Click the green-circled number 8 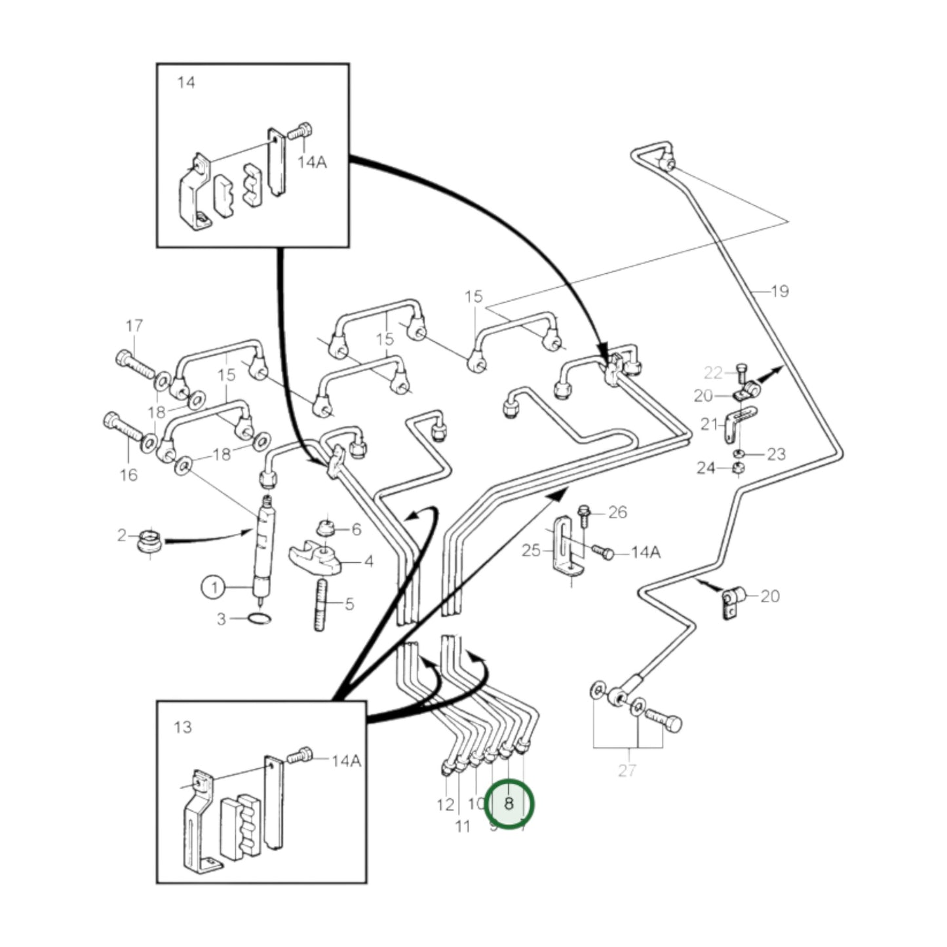[x=509, y=803]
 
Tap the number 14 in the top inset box [x=186, y=83]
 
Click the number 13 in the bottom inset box [x=183, y=727]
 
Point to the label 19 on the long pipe [x=779, y=291]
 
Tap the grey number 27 [x=627, y=771]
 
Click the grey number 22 [x=712, y=373]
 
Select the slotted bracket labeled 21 [x=738, y=423]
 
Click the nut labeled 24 [x=737, y=468]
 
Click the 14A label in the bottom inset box [x=345, y=761]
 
